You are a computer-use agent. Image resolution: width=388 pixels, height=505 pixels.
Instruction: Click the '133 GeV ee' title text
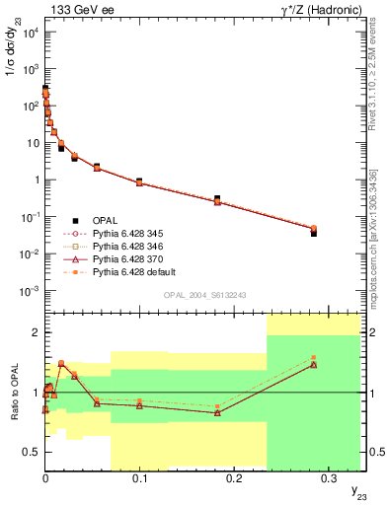(75, 9)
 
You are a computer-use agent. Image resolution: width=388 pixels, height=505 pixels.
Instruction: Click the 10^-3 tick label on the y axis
(28, 291)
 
